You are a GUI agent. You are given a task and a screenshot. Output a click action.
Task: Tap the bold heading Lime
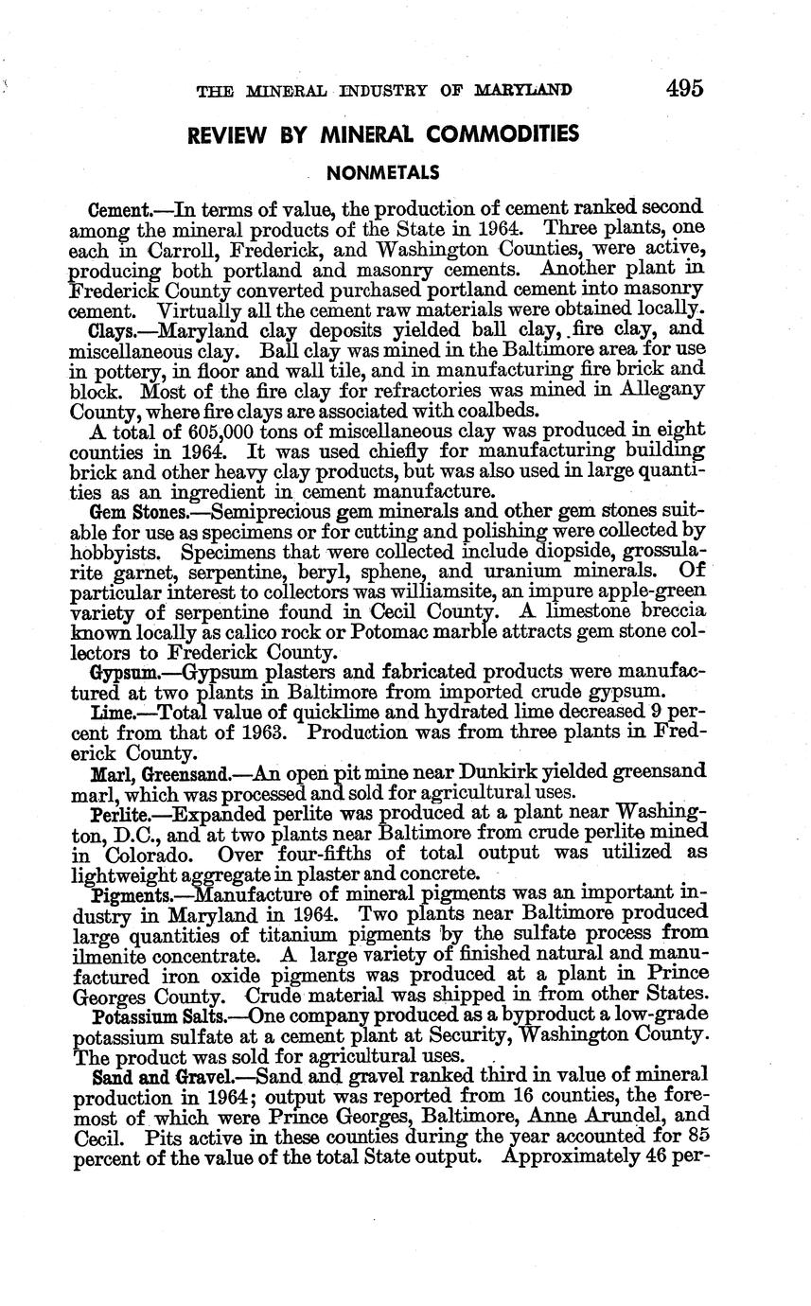tap(109, 712)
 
